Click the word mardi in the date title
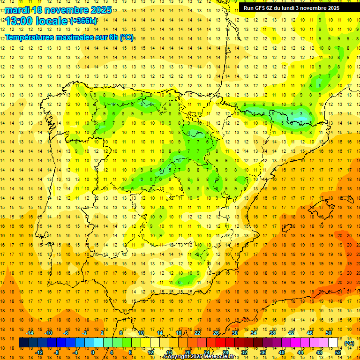tap(16, 10)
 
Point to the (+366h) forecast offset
tap(83, 21)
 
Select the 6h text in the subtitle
tap(112, 37)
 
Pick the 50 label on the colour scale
tap(329, 333)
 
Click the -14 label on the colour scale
tap(30, 333)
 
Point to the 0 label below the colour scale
tap(93, 352)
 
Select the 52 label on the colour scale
tap(338, 352)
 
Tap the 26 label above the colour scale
tap(216, 333)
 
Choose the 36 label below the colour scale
tap(263, 352)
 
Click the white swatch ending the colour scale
tap(333, 343)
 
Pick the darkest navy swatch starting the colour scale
tap(23, 343)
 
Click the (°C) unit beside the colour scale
tap(349, 343)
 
